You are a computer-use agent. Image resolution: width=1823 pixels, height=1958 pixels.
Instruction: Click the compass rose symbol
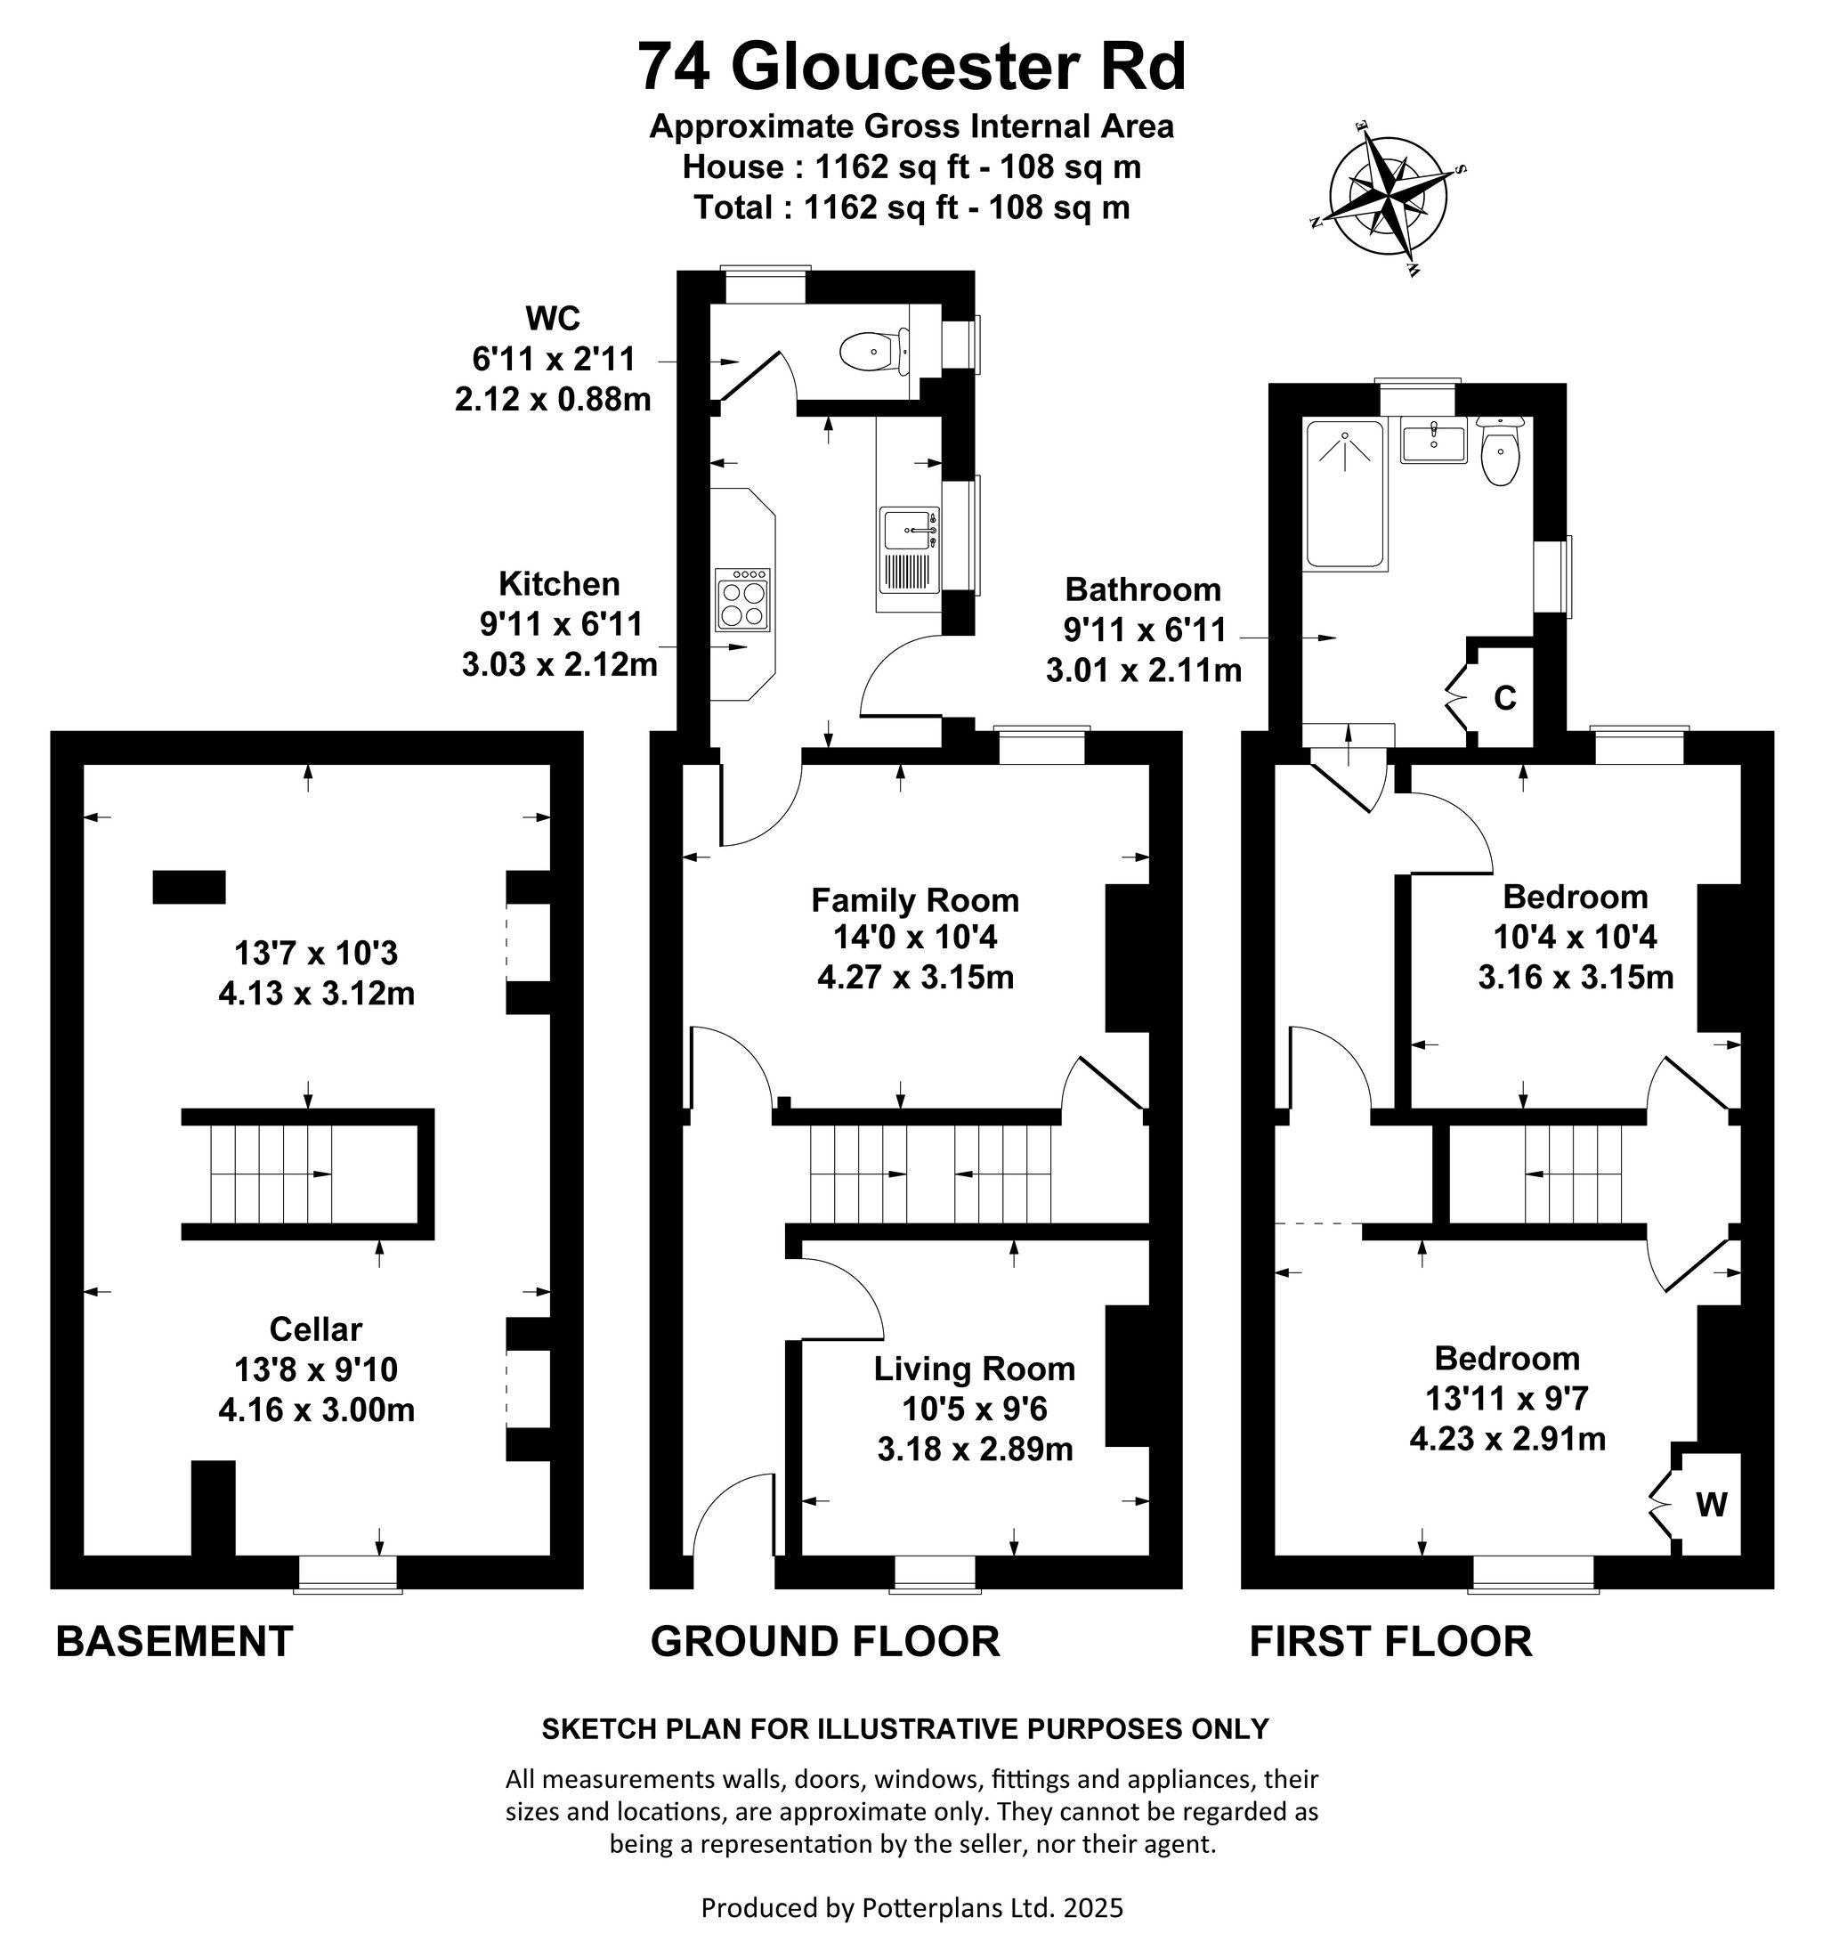(1388, 193)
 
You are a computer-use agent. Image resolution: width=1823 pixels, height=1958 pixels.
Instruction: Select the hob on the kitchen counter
(742, 600)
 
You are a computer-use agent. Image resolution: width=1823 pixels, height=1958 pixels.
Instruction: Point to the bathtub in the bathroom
(1344, 493)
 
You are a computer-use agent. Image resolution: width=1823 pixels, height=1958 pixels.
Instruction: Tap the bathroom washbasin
(1433, 442)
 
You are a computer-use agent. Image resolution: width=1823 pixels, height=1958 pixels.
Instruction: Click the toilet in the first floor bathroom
(1500, 451)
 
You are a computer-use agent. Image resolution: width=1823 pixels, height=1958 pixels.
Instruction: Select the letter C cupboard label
(1504, 697)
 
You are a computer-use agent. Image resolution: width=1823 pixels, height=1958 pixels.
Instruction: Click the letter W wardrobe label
(1711, 1504)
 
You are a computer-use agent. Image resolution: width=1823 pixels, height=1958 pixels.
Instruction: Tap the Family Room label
(915, 899)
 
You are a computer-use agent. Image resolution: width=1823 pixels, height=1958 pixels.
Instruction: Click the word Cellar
(315, 1328)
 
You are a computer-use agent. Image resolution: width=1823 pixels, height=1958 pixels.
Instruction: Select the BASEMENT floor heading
(174, 1642)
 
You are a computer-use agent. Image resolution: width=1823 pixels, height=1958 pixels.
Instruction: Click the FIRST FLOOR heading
(1390, 1642)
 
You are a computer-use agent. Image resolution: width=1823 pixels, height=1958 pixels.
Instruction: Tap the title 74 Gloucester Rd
(911, 67)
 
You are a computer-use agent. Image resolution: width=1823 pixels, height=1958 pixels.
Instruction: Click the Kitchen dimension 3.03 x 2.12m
(559, 664)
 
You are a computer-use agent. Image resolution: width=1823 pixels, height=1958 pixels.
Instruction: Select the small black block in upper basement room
(189, 887)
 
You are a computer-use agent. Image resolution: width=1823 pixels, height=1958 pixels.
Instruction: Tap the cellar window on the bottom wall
(348, 1573)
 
